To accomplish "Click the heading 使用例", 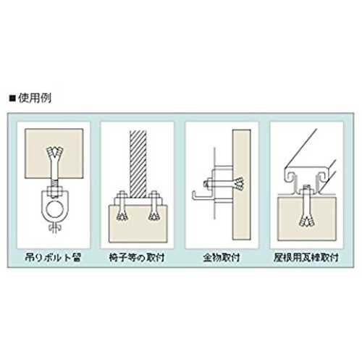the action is click(35, 98).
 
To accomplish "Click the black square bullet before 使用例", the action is click(12, 98).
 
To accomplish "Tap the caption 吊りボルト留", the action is click(53, 258).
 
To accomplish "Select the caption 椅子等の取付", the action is click(137, 258).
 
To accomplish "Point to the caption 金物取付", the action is click(222, 258).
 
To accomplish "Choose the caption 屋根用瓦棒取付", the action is click(306, 258).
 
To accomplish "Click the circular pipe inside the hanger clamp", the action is click(54, 209).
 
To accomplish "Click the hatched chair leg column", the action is click(138, 164).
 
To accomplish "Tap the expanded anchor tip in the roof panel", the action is click(306, 221).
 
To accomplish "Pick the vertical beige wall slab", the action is click(242, 185).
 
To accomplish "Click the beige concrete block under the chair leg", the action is click(138, 224).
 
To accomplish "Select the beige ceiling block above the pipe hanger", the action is click(54, 153).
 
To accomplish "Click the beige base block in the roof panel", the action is click(306, 219).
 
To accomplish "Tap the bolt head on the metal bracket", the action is click(206, 184).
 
